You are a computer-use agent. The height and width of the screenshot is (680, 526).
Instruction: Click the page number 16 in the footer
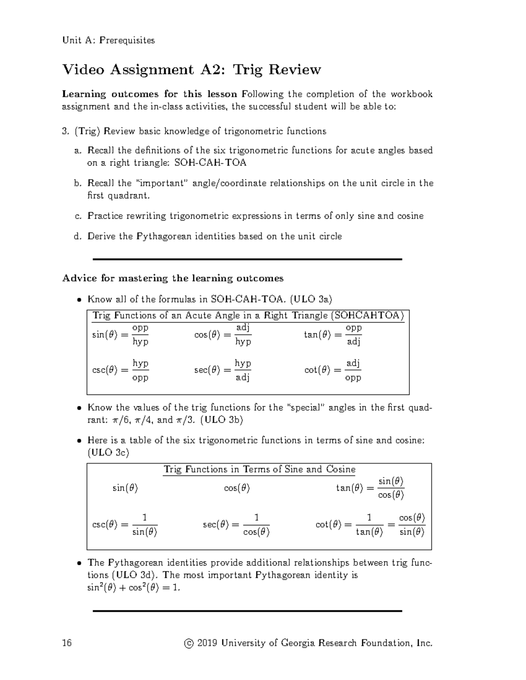[67, 643]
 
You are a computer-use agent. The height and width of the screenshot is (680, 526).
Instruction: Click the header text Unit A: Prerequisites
[108, 40]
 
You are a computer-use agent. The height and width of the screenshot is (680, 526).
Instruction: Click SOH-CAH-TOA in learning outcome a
[210, 163]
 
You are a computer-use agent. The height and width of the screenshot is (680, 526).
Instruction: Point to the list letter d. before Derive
[78, 236]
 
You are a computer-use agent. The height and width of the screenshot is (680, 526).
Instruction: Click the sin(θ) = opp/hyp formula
[120, 335]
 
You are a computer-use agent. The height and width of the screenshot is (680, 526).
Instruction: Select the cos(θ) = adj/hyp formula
[223, 335]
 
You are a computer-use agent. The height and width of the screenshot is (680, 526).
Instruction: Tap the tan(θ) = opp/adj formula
[333, 335]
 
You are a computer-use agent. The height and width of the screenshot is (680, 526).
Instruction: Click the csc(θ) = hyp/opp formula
[120, 370]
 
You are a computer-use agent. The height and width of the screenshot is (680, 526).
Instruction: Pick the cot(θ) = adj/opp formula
[333, 370]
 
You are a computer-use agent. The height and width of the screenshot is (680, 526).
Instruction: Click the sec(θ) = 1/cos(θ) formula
[236, 525]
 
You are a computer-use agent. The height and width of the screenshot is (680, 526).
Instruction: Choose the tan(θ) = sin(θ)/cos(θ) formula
[370, 488]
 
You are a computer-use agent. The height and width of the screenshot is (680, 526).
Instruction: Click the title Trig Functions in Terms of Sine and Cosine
[259, 469]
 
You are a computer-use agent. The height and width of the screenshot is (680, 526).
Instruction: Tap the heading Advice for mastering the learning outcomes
[173, 278]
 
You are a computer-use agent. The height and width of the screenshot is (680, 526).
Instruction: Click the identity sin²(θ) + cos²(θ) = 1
[134, 588]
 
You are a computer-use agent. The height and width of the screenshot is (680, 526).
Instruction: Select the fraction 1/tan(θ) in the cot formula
[369, 525]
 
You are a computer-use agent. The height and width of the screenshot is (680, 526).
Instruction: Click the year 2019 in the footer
[207, 643]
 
